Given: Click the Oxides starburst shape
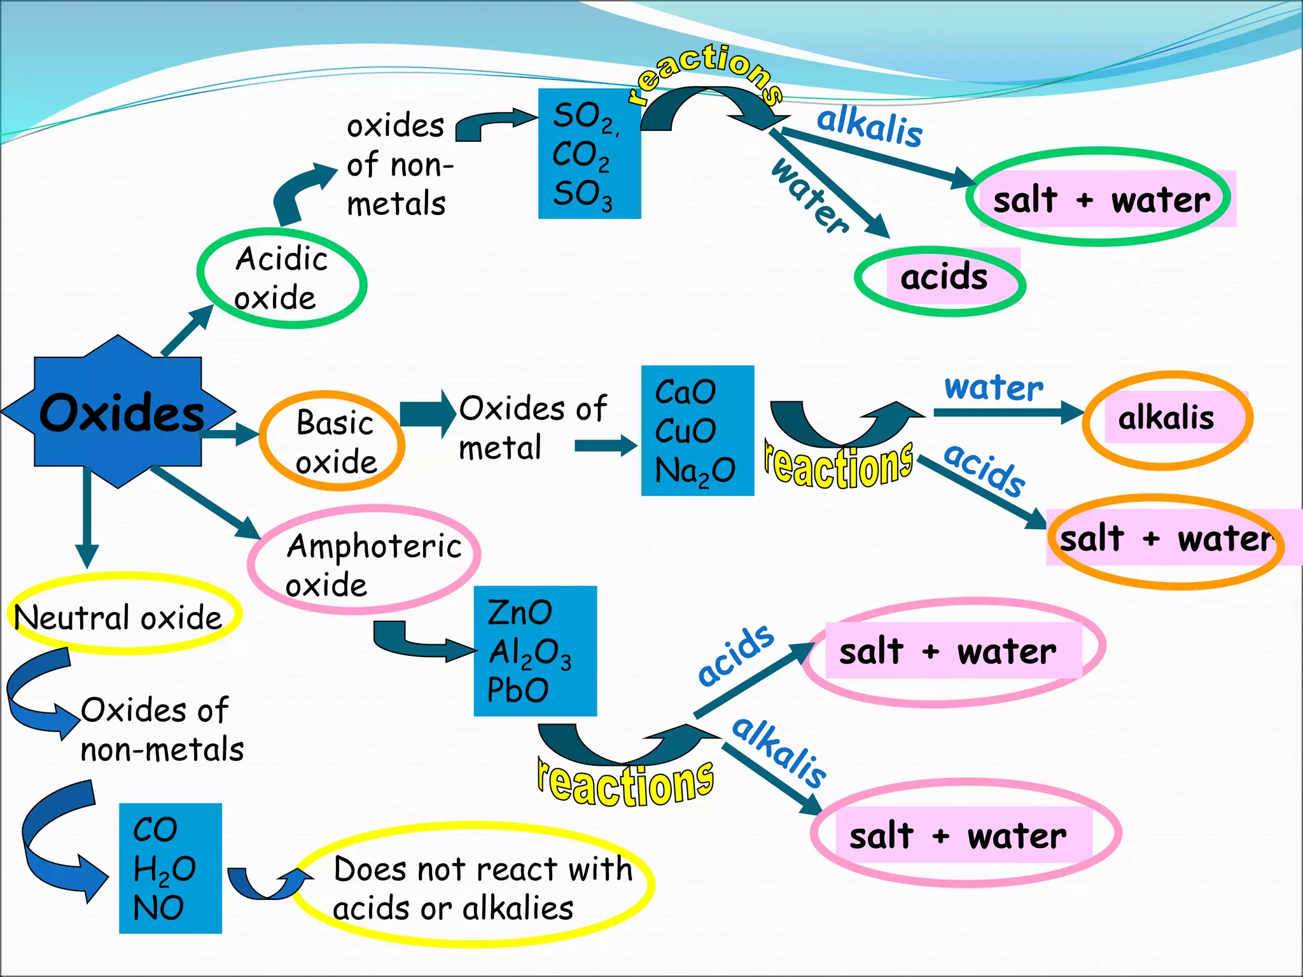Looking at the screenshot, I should coord(118,412).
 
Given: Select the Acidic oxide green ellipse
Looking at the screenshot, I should coord(281,279).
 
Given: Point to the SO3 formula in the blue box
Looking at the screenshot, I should coord(582,195).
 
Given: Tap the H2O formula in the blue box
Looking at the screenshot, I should coord(164,869).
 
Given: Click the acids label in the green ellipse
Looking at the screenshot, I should coord(944,277).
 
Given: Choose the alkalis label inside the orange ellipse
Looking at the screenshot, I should coord(1166,419).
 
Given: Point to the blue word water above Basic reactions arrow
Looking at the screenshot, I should coord(993,388).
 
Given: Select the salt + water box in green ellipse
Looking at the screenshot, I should coord(1101,200).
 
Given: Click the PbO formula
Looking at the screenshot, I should coord(517,691).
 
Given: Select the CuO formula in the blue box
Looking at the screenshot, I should coord(685,431).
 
